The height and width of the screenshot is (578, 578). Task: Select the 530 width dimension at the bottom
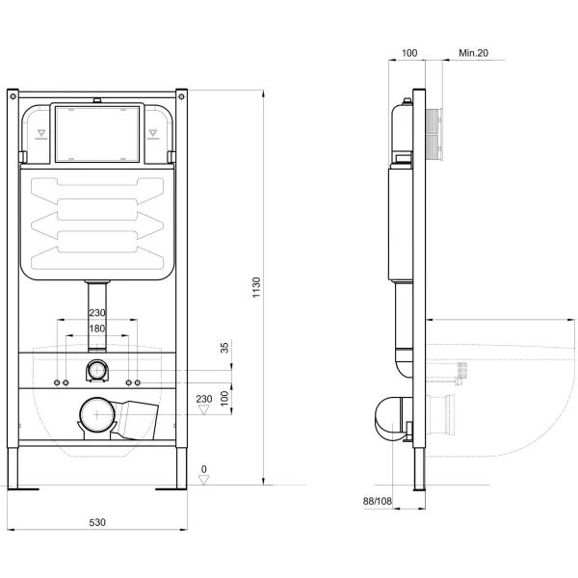pyautogui.click(x=97, y=521)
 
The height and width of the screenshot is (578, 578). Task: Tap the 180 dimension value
pyautogui.click(x=97, y=328)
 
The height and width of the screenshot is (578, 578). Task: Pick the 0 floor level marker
pyautogui.click(x=203, y=469)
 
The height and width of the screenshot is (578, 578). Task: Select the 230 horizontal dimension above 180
pyautogui.click(x=97, y=312)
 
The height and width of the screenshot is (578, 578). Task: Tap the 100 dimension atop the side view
pyautogui.click(x=407, y=54)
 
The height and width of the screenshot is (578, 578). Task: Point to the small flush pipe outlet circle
pyautogui.click(x=97, y=370)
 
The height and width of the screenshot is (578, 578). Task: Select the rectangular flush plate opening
pyautogui.click(x=96, y=134)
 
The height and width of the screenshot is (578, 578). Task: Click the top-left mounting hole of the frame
pyautogui.click(x=13, y=96)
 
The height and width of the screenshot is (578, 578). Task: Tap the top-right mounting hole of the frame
pyautogui.click(x=181, y=96)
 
